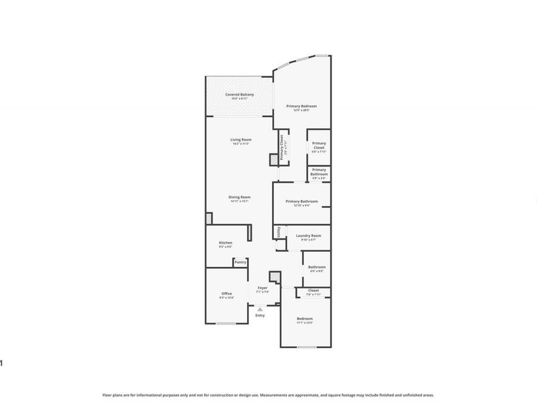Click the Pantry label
pos(240,262)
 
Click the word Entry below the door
pos(260,315)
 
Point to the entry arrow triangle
pos(260,309)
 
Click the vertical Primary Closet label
pos(282,145)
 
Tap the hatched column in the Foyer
pos(274,276)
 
